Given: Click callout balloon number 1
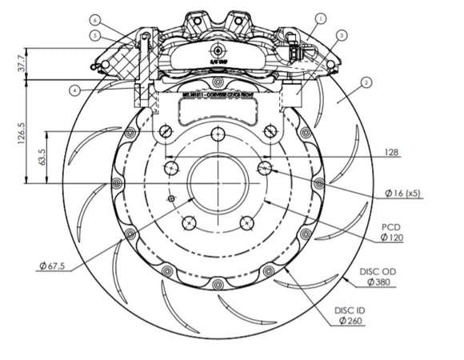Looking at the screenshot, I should point(321,17).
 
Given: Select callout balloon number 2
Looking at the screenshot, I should point(366,82).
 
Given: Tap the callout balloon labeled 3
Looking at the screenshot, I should point(342,35).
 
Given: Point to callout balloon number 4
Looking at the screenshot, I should point(74,90).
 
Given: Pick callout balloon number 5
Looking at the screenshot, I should point(94,35).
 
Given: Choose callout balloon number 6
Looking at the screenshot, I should point(94,18).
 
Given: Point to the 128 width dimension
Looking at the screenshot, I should point(391,152).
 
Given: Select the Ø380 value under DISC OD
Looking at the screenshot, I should point(382,282).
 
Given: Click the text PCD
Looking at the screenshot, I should point(390,227).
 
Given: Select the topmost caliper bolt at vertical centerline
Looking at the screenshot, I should point(218,82).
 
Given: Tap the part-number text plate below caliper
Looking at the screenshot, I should point(217,94).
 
